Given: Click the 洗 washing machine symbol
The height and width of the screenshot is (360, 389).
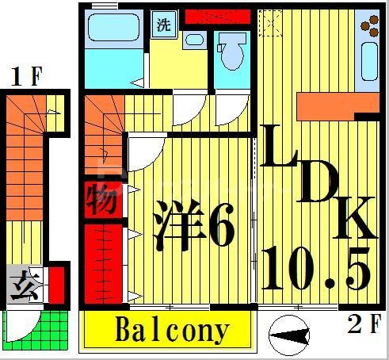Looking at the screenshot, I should (x=163, y=24).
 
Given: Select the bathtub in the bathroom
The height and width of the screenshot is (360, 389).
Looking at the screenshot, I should (x=110, y=29).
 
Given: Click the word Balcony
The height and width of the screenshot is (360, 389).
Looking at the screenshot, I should (x=172, y=329).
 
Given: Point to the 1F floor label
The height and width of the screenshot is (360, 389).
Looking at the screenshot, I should (x=25, y=77).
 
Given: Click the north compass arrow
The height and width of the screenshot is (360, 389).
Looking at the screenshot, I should (x=288, y=337).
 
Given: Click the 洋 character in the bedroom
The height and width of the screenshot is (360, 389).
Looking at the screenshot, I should (x=176, y=224).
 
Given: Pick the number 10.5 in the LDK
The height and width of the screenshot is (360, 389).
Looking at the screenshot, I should (x=316, y=268).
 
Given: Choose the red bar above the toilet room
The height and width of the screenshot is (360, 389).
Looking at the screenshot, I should (x=217, y=15).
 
